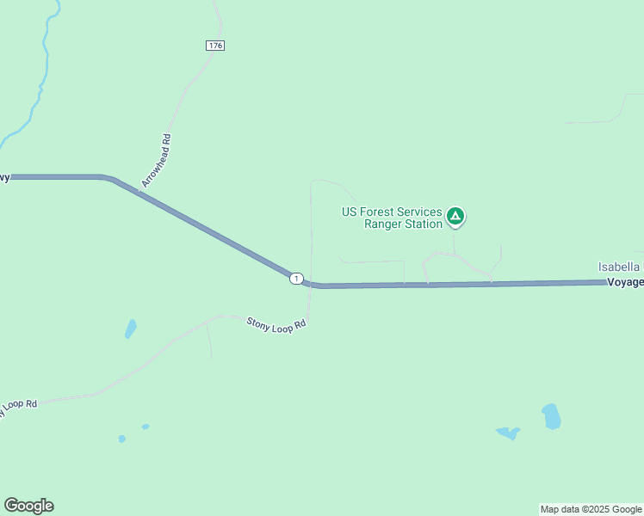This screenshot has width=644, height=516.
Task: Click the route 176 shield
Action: tap(215, 46)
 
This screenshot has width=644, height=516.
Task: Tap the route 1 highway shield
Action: tap(296, 278)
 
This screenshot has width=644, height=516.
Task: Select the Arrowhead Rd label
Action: tap(157, 161)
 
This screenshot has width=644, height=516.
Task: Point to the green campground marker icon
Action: tap(455, 216)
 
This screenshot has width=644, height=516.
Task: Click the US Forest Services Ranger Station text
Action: tap(392, 218)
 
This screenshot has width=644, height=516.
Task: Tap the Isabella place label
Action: tap(620, 267)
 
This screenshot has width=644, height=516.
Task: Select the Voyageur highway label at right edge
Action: tap(625, 282)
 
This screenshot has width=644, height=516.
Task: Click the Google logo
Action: tap(28, 506)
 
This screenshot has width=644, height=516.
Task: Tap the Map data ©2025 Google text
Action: tap(591, 509)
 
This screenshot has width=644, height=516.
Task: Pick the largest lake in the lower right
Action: tap(551, 416)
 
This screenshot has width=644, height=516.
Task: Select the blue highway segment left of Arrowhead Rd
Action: tap(52, 177)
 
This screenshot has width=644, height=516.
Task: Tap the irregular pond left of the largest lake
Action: tap(508, 432)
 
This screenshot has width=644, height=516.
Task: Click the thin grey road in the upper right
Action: tap(603, 119)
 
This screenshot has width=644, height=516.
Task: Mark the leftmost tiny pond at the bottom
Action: tap(122, 439)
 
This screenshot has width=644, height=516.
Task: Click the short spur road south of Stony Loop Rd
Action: tap(209, 340)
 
